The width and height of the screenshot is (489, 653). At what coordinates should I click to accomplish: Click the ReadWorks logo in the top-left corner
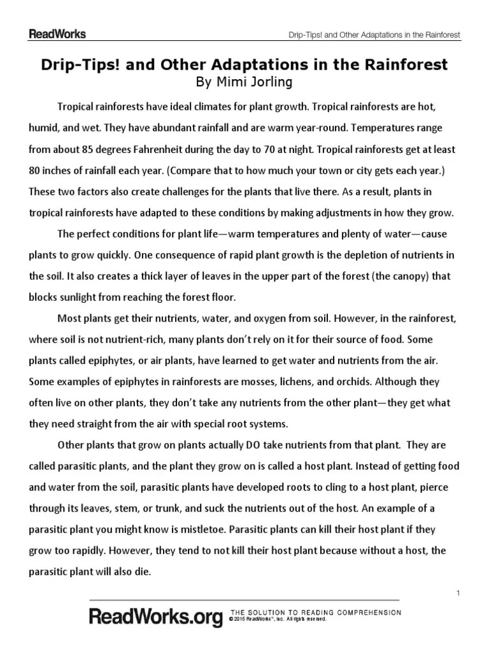click(57, 34)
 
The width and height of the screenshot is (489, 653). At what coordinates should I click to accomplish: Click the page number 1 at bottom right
click(458, 594)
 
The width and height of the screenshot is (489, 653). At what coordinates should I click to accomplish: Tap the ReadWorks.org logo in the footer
click(156, 617)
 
